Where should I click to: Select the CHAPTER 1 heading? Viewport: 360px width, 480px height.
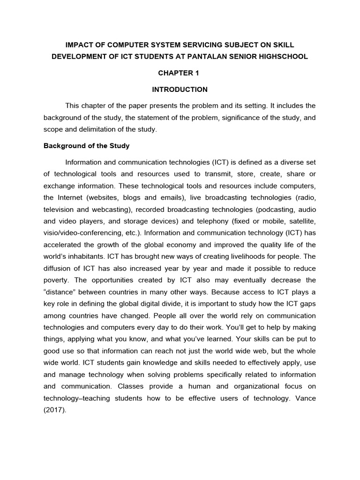point(180,73)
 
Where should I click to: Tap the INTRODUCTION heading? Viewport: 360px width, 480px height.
point(180,89)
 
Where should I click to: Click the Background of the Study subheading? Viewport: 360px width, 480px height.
point(86,146)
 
